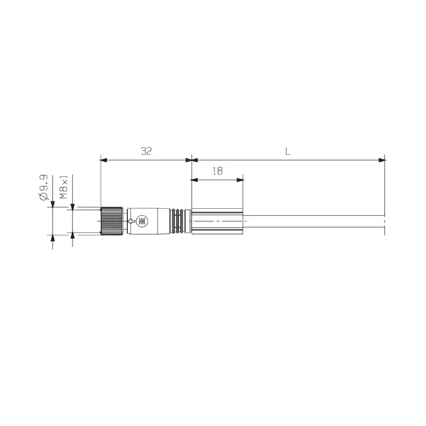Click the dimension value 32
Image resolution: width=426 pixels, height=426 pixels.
point(146,151)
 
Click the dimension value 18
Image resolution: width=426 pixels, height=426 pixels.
point(217,171)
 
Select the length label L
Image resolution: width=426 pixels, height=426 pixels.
point(288,151)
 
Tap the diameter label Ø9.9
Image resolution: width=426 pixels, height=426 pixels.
point(44,187)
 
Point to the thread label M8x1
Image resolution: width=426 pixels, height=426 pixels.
point(64,187)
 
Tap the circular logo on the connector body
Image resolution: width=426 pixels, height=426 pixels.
point(142,221)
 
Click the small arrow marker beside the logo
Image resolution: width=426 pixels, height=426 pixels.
point(130,221)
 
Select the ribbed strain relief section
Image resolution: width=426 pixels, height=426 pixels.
point(181,221)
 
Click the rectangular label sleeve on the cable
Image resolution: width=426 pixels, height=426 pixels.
point(217,220)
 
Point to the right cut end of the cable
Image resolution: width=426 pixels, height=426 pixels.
point(384,221)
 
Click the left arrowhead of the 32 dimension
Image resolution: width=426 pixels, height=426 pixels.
point(103,159)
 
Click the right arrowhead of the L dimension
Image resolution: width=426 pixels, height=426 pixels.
point(382,159)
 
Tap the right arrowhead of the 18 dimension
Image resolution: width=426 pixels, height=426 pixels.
point(240,180)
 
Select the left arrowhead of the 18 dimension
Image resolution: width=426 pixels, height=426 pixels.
point(194,180)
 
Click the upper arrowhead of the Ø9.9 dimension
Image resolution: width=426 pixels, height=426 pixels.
point(52,203)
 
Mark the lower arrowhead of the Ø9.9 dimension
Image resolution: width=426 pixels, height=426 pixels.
point(52,238)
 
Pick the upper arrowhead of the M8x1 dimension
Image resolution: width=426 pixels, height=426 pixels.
point(72,206)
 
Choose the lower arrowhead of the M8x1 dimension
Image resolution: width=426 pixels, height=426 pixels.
point(72,236)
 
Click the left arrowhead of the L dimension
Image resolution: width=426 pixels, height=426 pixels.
point(195,159)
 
